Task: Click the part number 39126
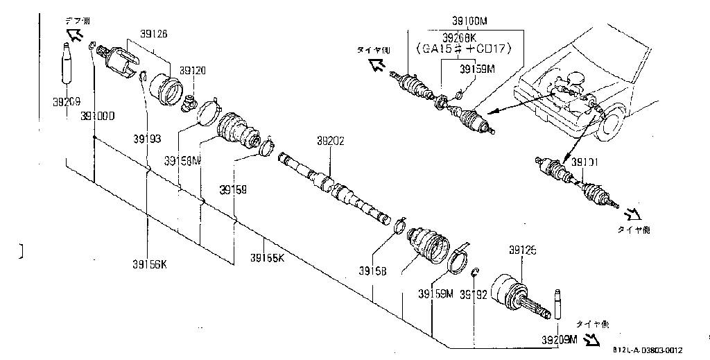pyautogui.click(x=152, y=33)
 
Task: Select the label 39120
pyautogui.click(x=193, y=71)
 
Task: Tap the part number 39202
pyautogui.click(x=331, y=140)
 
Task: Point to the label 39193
pyautogui.click(x=147, y=139)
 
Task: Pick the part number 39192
pyautogui.click(x=474, y=294)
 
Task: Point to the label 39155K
pyautogui.click(x=267, y=259)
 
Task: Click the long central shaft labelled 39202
pyautogui.click(x=333, y=187)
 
